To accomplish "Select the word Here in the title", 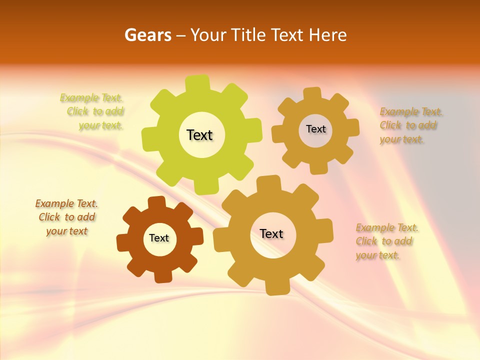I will point(327,35).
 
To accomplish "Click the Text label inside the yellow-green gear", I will point(199,135).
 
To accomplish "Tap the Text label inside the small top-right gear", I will point(315,129).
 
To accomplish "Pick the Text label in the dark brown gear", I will point(159,238).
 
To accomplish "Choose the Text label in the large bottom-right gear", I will point(271,233).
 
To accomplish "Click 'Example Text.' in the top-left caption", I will point(91,97).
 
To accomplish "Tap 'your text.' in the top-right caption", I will point(401,139).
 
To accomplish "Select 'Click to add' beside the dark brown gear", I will point(67,217).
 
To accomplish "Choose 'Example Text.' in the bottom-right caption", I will point(387,228).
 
